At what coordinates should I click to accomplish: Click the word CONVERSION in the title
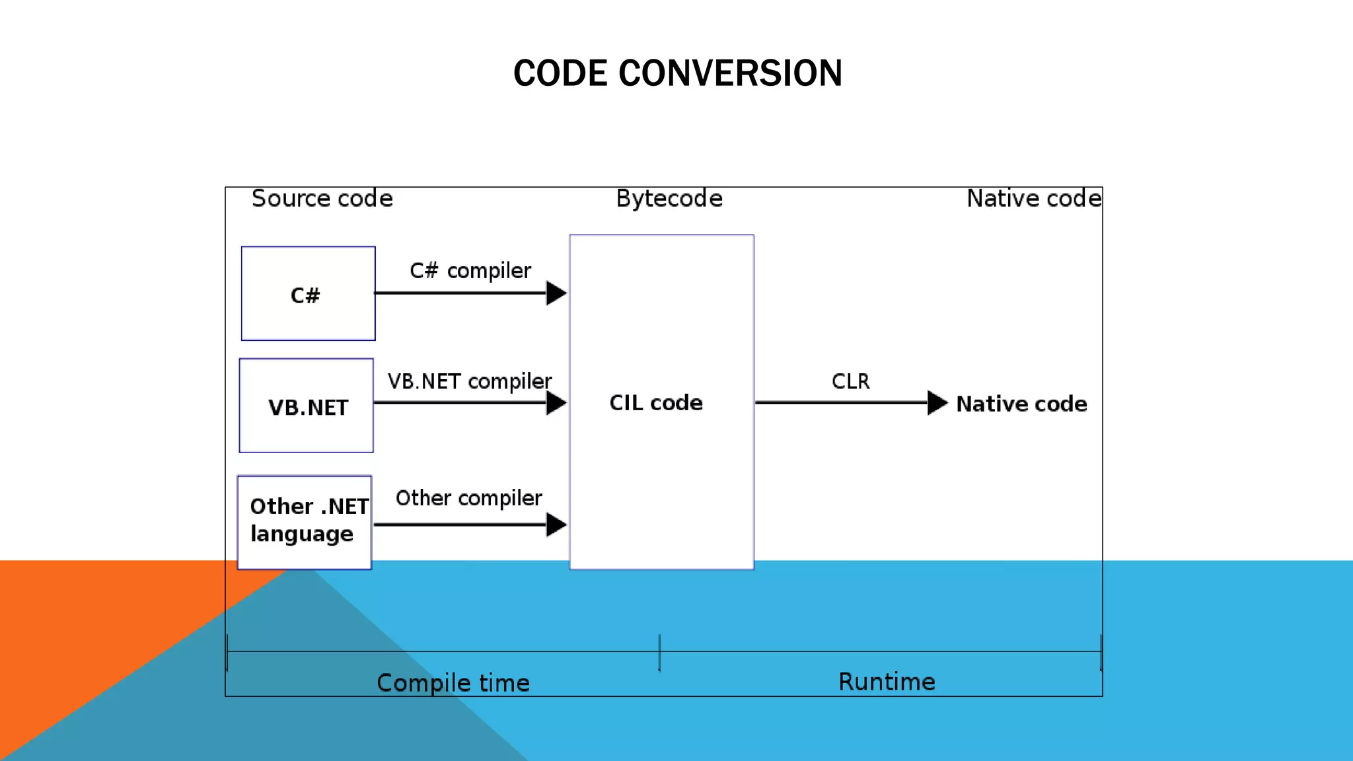point(730,73)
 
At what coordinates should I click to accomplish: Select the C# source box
point(308,294)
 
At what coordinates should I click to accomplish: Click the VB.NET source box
point(307,406)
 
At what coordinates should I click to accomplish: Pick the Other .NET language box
point(305,522)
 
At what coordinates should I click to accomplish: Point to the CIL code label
point(655,402)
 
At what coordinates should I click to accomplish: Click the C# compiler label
point(470,270)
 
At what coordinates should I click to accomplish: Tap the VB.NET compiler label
point(469,381)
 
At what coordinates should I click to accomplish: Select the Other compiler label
point(468,497)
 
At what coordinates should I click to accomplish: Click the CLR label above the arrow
point(850,381)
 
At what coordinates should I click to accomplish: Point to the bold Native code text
point(1021,404)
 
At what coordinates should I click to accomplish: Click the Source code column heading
point(322,198)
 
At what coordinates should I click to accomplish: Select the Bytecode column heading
point(669,198)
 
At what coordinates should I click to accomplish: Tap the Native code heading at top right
point(1034,198)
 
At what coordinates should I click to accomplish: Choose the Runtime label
point(887,682)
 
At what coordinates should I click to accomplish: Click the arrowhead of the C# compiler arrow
point(556,293)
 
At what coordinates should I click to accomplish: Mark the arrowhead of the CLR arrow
point(937,402)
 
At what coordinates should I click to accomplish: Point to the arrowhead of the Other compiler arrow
point(556,525)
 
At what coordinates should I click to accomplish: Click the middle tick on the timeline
point(659,652)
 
